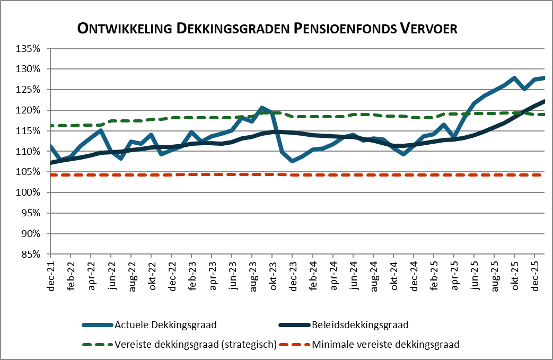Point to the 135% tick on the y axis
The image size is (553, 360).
pos(29,48)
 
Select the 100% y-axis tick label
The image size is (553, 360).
pos(29,192)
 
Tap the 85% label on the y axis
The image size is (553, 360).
pos(31,254)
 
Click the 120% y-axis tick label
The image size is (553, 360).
pos(29,110)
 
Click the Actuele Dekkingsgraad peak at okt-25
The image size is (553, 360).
pos(514,78)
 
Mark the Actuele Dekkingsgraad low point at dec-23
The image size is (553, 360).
pos(293,160)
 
